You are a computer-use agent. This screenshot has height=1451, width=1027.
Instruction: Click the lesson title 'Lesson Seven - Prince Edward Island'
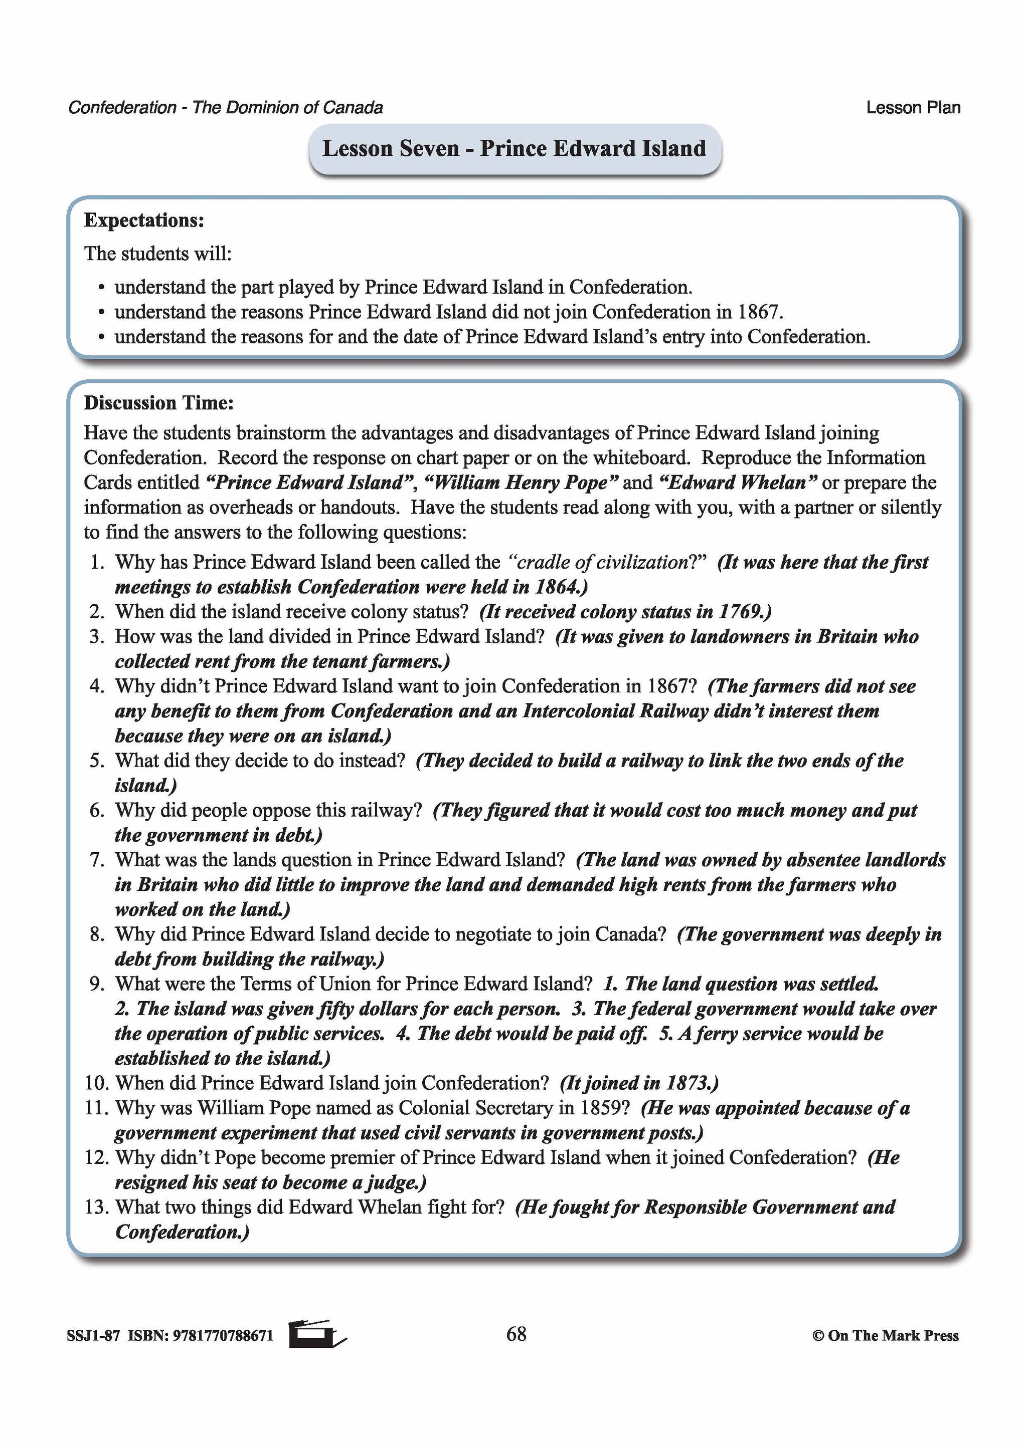513,148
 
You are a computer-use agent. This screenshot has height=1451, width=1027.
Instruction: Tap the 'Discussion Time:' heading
159,402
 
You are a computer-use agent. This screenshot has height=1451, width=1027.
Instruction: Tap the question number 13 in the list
96,1207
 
